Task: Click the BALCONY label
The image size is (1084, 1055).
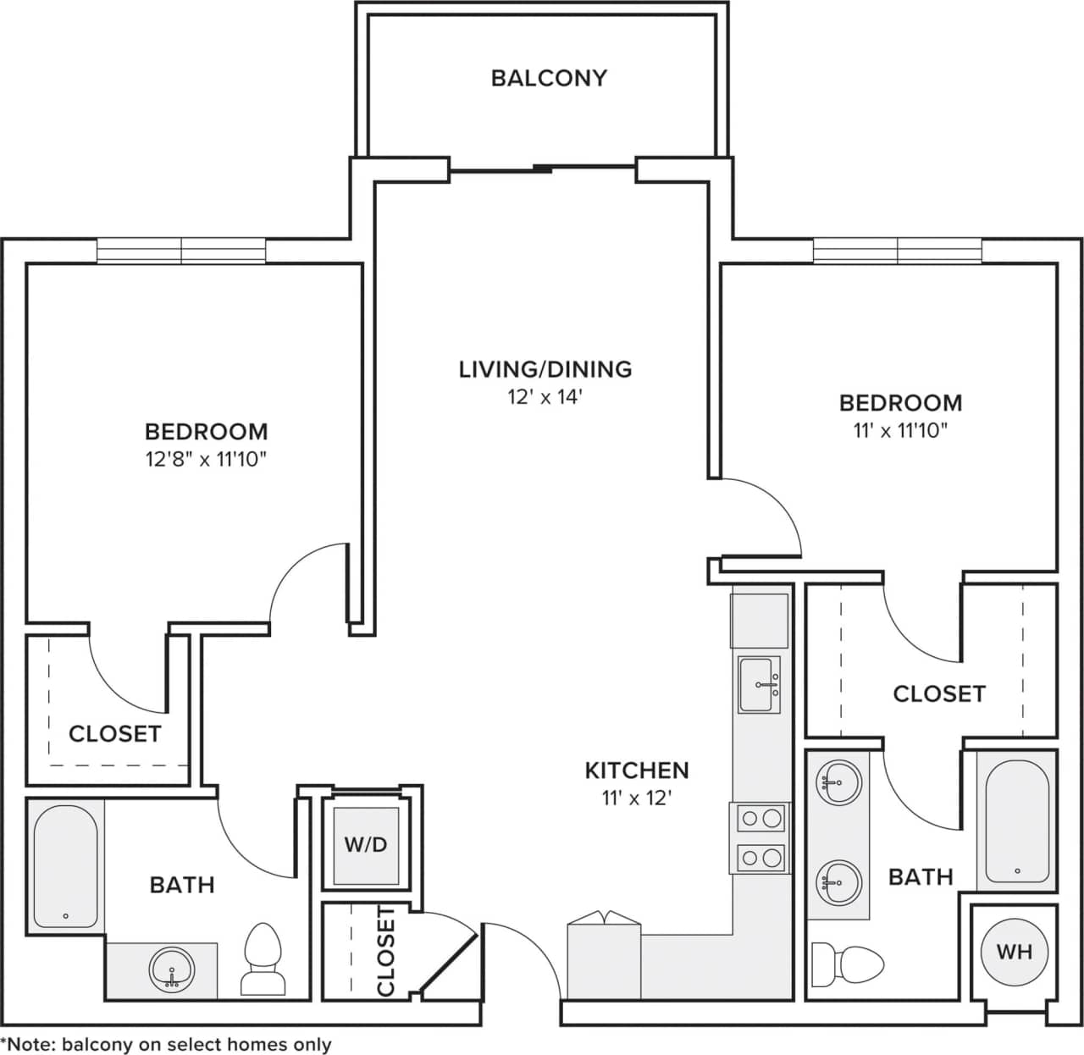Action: (549, 78)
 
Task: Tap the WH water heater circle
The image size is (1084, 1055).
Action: (1014, 952)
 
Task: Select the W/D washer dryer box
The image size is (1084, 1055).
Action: (366, 845)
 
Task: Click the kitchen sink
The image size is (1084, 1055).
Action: (759, 684)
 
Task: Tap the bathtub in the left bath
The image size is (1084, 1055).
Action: (65, 865)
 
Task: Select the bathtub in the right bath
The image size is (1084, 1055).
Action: (1017, 821)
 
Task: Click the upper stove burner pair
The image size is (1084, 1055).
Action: (759, 819)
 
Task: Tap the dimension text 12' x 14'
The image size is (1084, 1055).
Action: (545, 397)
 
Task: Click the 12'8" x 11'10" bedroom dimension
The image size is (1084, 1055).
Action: (206, 460)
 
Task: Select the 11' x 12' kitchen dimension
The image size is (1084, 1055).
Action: (636, 798)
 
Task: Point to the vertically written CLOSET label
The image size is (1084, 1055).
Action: (385, 950)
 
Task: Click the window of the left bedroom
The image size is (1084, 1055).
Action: (181, 251)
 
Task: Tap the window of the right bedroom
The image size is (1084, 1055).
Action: (898, 251)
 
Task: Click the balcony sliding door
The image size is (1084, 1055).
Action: (542, 168)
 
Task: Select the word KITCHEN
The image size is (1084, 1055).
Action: (636, 770)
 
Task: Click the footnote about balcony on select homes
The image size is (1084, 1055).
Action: (166, 1045)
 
